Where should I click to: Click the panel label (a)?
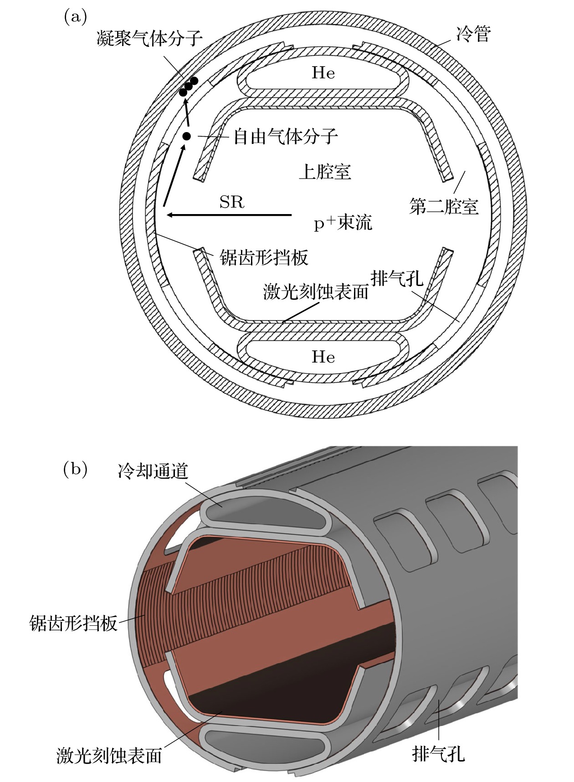click(x=75, y=17)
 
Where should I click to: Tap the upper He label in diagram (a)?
click(x=323, y=73)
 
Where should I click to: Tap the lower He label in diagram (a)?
click(x=323, y=357)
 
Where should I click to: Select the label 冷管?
click(x=474, y=34)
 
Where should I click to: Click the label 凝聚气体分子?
click(x=149, y=38)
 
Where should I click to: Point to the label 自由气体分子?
click(x=286, y=136)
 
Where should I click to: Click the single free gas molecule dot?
click(x=186, y=136)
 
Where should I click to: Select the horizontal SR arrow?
click(x=229, y=215)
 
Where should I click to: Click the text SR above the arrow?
click(x=232, y=202)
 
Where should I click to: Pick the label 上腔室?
click(x=325, y=172)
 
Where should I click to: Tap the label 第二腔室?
click(x=444, y=206)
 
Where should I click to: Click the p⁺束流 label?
click(x=343, y=223)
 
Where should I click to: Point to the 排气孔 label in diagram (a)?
click(x=397, y=278)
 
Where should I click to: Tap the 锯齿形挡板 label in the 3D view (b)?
click(x=73, y=623)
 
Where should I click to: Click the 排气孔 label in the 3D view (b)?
click(x=439, y=754)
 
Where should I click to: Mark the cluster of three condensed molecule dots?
click(x=188, y=87)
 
